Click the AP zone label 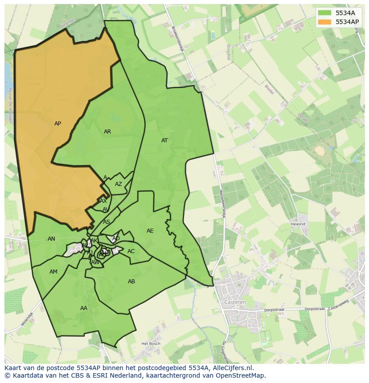point(57,124)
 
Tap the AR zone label point(107,132)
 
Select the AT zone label point(164,141)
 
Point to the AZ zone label point(118,184)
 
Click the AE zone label point(150,231)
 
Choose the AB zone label point(131,282)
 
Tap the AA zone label point(84,308)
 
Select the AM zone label point(53,272)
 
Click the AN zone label point(51,239)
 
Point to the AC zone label point(131,251)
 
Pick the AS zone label point(107,222)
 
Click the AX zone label point(103,201)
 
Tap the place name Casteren point(236,302)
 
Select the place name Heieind point(298,224)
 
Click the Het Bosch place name point(150,344)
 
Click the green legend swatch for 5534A point(324,13)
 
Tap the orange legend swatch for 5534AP point(324,21)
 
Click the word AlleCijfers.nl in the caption point(232,368)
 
